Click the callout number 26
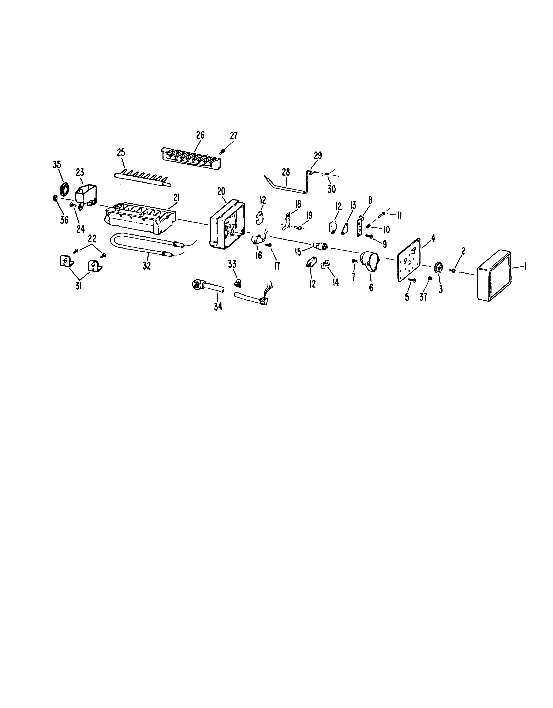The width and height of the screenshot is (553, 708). click(x=200, y=135)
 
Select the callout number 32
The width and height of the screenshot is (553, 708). click(x=147, y=266)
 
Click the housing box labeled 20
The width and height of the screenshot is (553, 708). click(x=227, y=226)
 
